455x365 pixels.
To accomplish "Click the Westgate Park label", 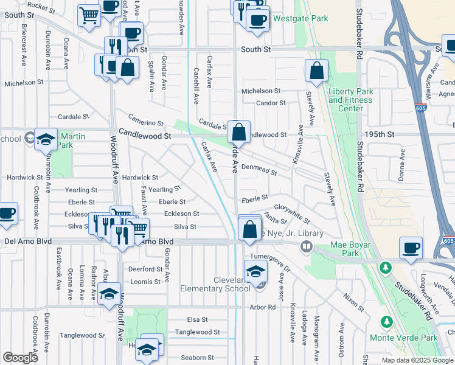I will pyautogui.click(x=300, y=19).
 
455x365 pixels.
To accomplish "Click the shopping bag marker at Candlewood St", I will pyautogui.click(x=240, y=131).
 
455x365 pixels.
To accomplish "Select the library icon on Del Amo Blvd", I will pyautogui.click(x=307, y=247).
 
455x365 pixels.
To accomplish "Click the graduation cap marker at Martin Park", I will pyautogui.click(x=45, y=140).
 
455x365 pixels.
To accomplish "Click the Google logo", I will pyautogui.click(x=21, y=358).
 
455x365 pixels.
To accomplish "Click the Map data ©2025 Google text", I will pyautogui.click(x=417, y=360).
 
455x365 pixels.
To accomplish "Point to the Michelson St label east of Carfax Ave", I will pyautogui.click(x=260, y=91).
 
